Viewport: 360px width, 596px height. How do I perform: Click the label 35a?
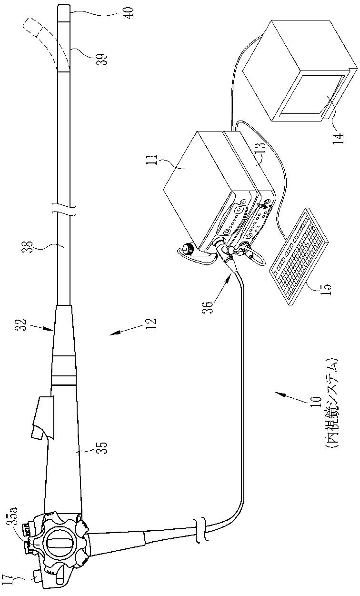(13, 518)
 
